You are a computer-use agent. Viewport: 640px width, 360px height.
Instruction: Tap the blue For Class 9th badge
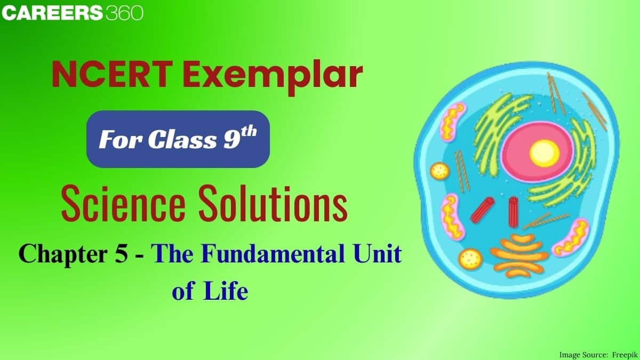pos(178,139)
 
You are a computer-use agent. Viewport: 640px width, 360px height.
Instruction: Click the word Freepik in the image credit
pos(621,354)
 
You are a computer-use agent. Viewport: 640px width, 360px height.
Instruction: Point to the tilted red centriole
pos(482,209)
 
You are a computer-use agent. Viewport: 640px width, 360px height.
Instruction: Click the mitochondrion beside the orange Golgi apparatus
pos(571,236)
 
